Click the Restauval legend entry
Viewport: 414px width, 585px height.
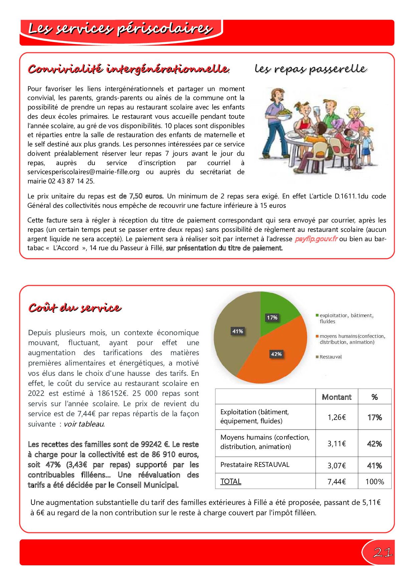(x=331, y=357)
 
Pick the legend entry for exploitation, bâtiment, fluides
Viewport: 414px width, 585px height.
(x=346, y=318)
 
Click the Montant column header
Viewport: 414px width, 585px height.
(x=337, y=397)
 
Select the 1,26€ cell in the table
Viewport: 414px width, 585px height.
(x=337, y=417)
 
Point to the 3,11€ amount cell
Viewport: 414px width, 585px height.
(x=337, y=444)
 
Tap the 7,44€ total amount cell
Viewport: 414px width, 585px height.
(x=337, y=482)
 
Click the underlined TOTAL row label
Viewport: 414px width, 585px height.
(x=231, y=481)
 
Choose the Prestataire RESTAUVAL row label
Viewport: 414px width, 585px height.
(x=255, y=465)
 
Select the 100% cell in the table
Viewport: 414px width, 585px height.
(x=375, y=482)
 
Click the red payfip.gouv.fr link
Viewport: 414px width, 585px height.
(x=316, y=239)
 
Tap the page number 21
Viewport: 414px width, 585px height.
(x=383, y=553)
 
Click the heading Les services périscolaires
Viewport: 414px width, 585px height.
(x=120, y=29)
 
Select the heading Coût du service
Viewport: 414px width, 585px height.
(x=74, y=307)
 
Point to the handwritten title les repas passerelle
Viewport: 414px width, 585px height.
(x=310, y=69)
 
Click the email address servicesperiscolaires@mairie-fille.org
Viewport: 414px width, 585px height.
(x=83, y=172)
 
